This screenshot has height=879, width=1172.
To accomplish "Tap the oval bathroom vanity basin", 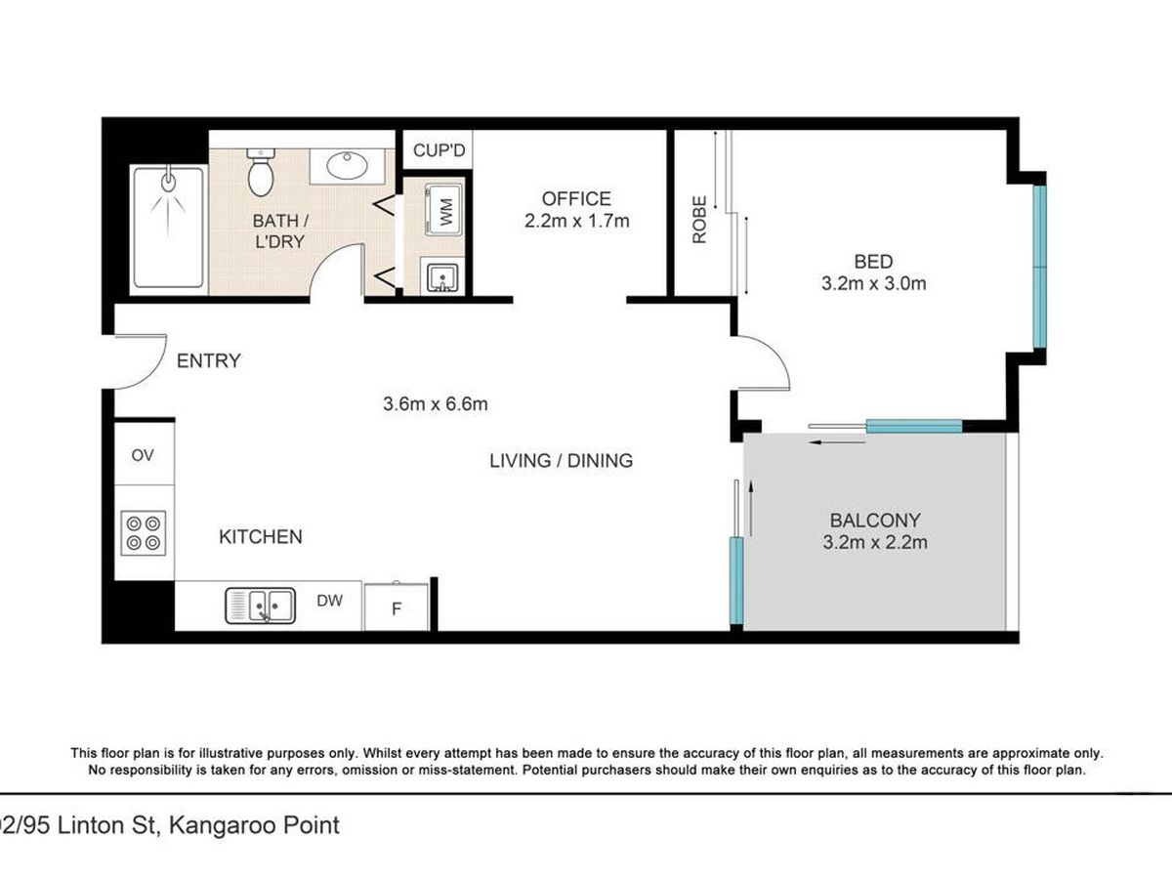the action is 348,165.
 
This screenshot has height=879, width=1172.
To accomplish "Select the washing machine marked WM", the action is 443,210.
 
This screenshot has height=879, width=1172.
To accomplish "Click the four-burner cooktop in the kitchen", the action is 144,533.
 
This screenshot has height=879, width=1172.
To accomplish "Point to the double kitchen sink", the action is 260,606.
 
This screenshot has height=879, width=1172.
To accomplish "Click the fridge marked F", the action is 397,607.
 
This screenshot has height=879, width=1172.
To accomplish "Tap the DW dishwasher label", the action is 329,601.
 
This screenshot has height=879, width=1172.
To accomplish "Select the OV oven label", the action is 143,455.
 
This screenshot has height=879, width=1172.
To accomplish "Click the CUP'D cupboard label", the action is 439,150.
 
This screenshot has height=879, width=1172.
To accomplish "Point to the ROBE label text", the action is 699,220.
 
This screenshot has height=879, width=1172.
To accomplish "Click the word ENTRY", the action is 209,360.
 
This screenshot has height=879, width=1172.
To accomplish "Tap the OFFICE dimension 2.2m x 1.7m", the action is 576,221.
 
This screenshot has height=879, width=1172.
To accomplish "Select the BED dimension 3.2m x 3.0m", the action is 873,283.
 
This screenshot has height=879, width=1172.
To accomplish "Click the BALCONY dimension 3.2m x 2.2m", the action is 875,542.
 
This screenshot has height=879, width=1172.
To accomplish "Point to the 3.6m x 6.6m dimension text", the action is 436,403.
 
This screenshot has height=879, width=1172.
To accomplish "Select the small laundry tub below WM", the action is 442,277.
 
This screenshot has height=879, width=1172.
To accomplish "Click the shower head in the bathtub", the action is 168,181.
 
